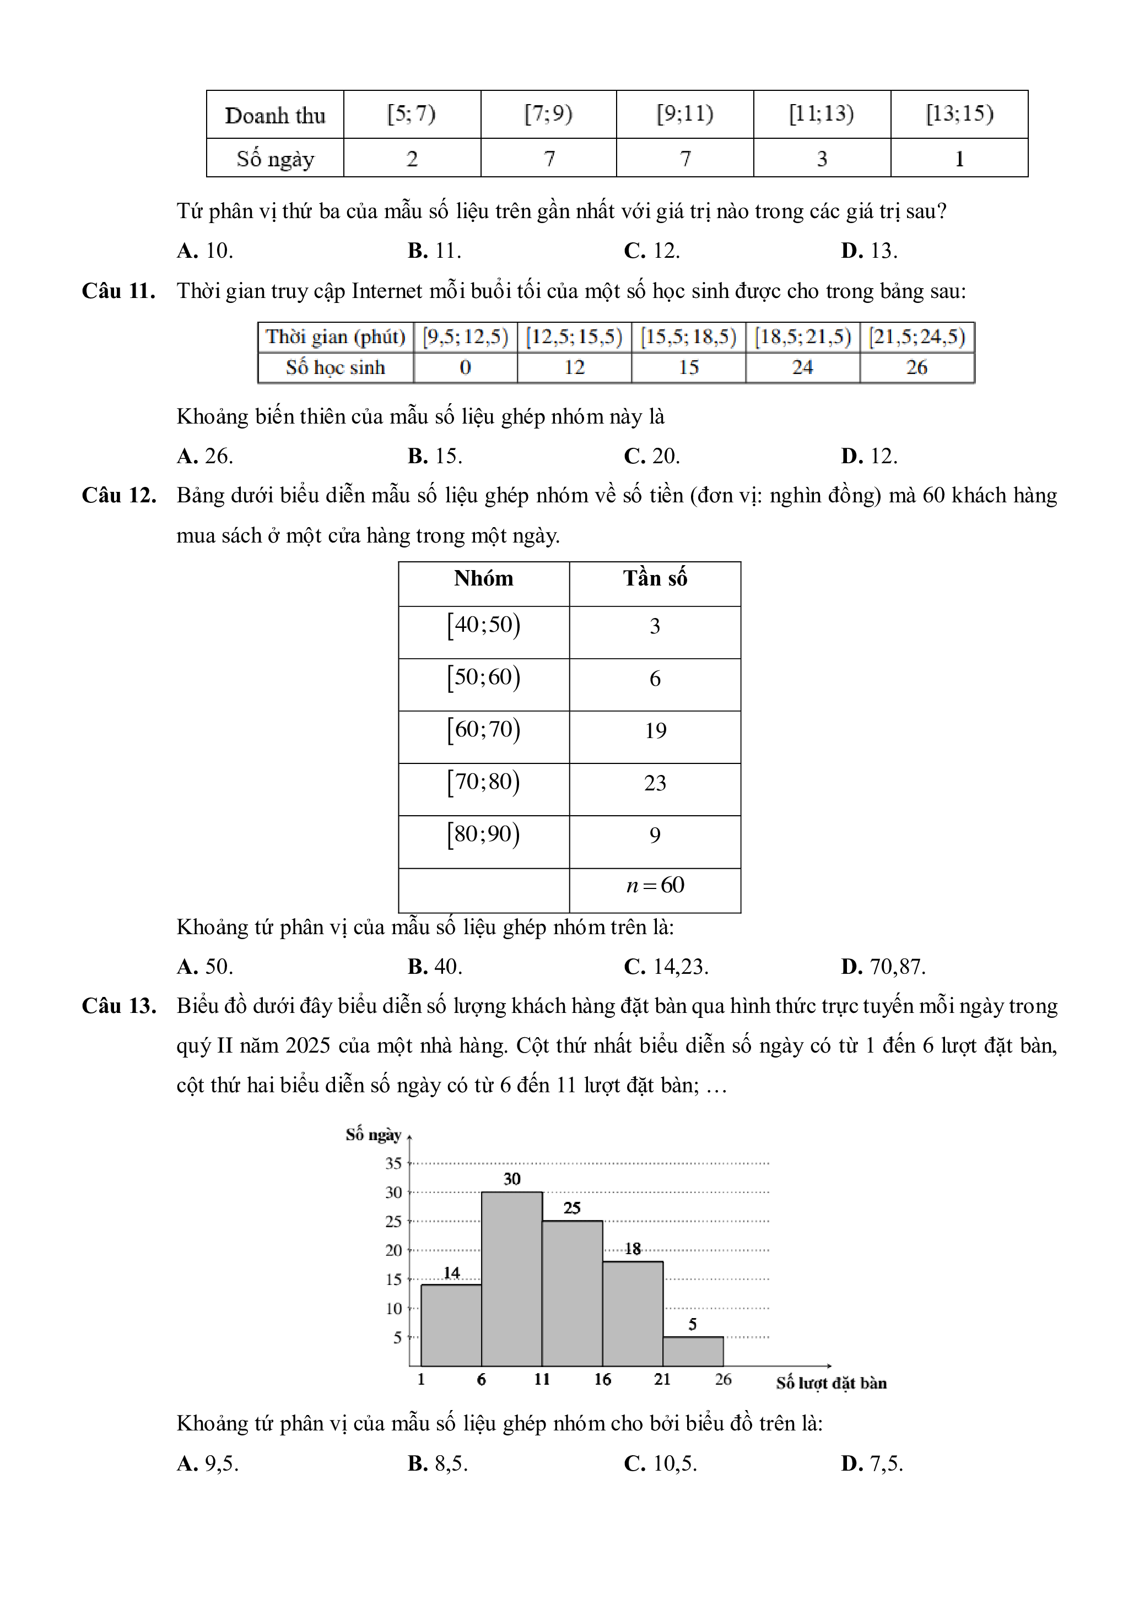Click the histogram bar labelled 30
tap(511, 1279)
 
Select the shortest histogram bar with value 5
tap(693, 1351)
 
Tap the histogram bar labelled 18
tap(633, 1313)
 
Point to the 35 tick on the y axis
tap(393, 1163)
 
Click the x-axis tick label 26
tap(723, 1379)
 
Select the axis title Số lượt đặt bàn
tap(831, 1383)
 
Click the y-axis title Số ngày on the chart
tap(373, 1135)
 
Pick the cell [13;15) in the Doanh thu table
tap(959, 113)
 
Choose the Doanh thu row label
tap(275, 115)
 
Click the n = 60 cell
tap(655, 885)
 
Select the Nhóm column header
tap(483, 578)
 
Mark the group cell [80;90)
tap(483, 834)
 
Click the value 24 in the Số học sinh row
tap(802, 367)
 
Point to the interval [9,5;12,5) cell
tap(465, 337)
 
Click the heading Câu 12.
tap(118, 496)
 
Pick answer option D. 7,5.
tap(872, 1463)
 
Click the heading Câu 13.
tap(118, 1006)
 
